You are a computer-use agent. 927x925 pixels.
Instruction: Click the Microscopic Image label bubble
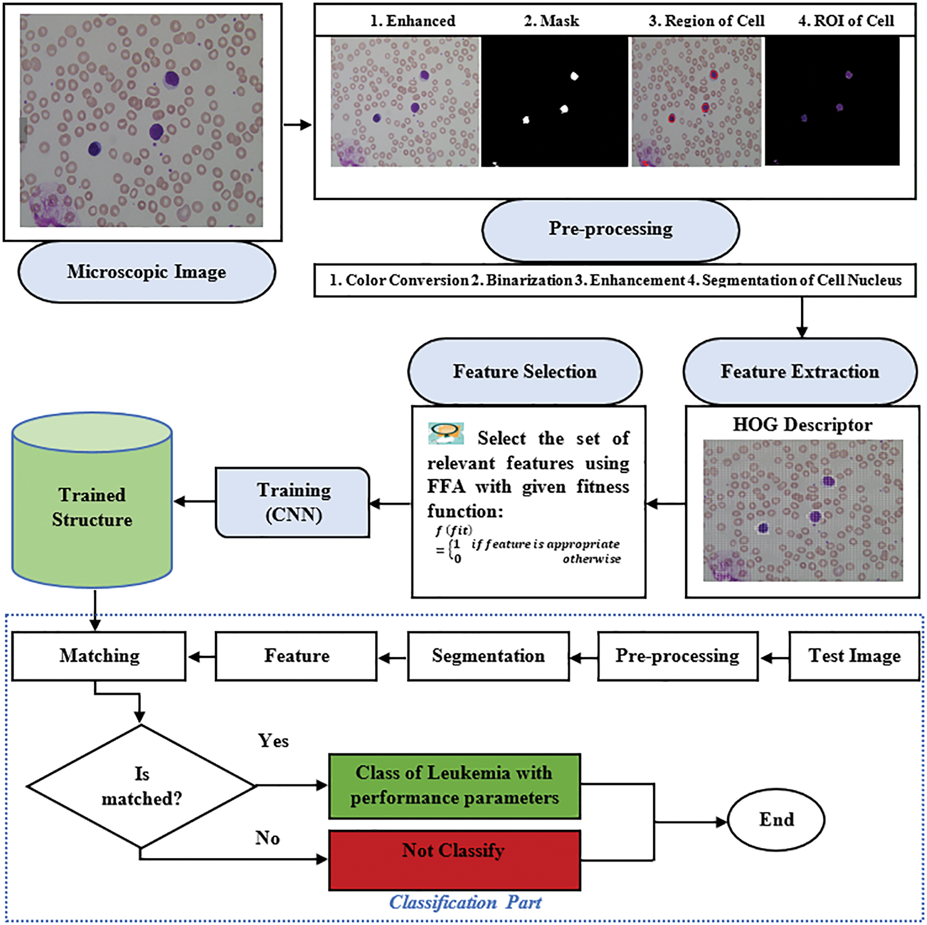pos(146,272)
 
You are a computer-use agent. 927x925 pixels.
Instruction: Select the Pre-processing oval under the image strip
pos(610,230)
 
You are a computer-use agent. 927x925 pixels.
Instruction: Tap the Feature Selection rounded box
pos(525,372)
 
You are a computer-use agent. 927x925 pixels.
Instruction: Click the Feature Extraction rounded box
pos(800,372)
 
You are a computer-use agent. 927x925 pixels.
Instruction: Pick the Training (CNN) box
pos(292,502)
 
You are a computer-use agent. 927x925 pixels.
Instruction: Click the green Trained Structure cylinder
pos(92,500)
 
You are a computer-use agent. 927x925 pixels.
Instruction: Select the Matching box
pos(99,656)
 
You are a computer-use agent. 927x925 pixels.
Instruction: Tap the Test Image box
pos(854,656)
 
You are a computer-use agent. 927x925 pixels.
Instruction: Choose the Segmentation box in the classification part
pos(488,656)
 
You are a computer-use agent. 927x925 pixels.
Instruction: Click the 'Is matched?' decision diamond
pos(141,786)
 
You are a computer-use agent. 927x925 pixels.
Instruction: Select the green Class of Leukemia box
pos(454,786)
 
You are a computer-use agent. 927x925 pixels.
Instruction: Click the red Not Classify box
pos(454,860)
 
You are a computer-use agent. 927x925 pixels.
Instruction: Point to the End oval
pos(776,820)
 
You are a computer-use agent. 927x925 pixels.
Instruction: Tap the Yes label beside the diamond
pos(273,741)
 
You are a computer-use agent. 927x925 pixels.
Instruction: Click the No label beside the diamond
pos(268,838)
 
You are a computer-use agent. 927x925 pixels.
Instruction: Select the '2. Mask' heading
pos(551,21)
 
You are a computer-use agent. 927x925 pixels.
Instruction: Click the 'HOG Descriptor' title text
pos(802,425)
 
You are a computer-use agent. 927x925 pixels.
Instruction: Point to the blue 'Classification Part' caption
pos(465,902)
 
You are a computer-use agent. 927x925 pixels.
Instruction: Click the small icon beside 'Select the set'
pos(446,434)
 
